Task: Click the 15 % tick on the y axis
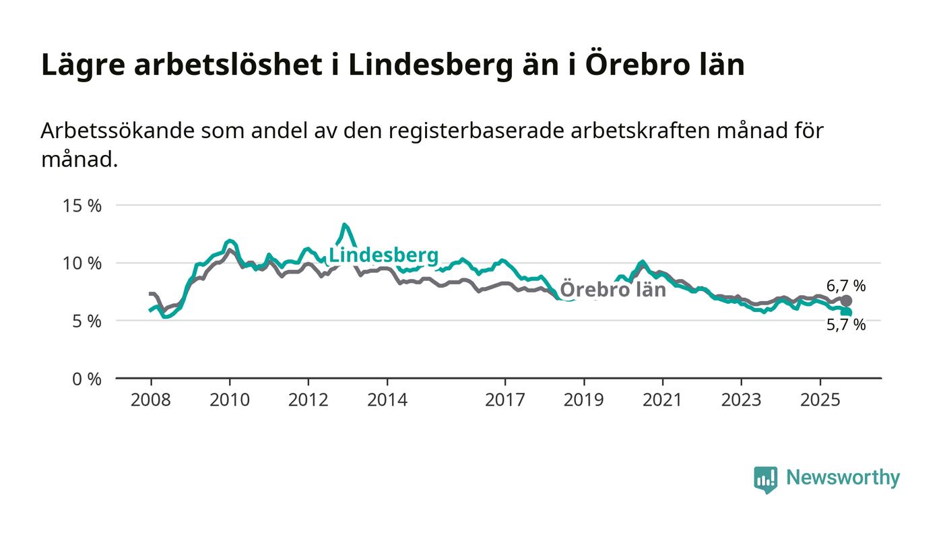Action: pos(82,206)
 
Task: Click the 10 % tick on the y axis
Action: pos(82,263)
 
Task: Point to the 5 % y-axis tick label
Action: pos(86,321)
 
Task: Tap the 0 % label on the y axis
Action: pos(86,379)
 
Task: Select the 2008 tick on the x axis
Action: pos(151,400)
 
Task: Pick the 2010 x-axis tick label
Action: pos(230,400)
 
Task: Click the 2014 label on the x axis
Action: pos(387,400)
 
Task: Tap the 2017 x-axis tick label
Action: pos(505,400)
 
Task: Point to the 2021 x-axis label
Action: pos(662,400)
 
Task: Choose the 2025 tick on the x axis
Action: pos(820,400)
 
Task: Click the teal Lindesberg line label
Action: pos(383,256)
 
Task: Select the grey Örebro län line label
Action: pos(613,290)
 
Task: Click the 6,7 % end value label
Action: pos(846,286)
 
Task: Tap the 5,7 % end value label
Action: pos(846,325)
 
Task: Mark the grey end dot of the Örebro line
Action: pos(846,301)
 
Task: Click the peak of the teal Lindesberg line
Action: pos(344,225)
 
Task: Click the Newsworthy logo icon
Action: pos(765,479)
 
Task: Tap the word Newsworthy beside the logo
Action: pos(843,478)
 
